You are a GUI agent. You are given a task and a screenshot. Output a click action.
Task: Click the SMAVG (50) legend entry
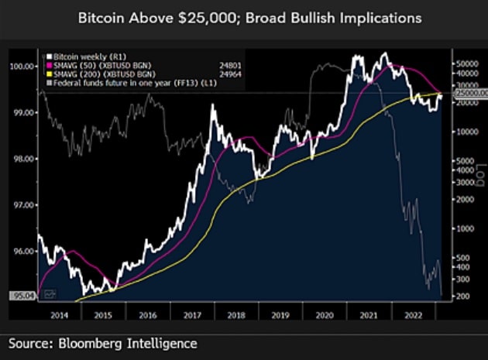[x=99, y=65]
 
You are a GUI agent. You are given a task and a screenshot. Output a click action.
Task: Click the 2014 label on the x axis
[x=57, y=317]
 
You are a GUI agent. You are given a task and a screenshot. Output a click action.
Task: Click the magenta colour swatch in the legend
[x=46, y=65]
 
